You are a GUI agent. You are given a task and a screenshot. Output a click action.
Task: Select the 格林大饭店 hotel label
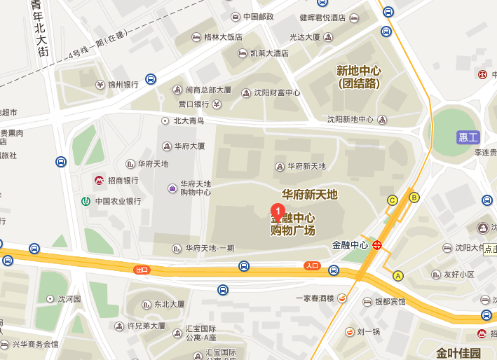[x=223, y=36]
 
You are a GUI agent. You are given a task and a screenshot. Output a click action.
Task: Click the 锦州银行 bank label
[x=123, y=85]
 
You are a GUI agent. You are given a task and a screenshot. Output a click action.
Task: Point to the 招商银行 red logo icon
[x=100, y=181]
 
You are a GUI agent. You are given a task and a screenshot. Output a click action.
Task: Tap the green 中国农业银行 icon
[x=86, y=201]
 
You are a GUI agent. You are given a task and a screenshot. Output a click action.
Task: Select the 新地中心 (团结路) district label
[x=358, y=77]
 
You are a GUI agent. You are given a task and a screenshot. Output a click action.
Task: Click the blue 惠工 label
[x=467, y=137]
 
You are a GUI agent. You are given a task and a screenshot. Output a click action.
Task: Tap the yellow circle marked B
[x=414, y=197]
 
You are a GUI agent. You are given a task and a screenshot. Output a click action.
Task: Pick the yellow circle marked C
[x=393, y=201]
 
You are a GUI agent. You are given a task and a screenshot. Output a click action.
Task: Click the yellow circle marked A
[x=399, y=275]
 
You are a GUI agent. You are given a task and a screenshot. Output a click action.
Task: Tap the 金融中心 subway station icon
[x=378, y=245]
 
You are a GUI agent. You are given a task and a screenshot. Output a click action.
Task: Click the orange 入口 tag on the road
[x=313, y=266]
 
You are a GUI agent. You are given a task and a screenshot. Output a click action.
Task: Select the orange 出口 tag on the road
[x=142, y=270]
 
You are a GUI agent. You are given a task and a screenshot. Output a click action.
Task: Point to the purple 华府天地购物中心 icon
[x=172, y=188]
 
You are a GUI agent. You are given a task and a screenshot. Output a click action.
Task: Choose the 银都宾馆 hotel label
[x=389, y=302]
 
